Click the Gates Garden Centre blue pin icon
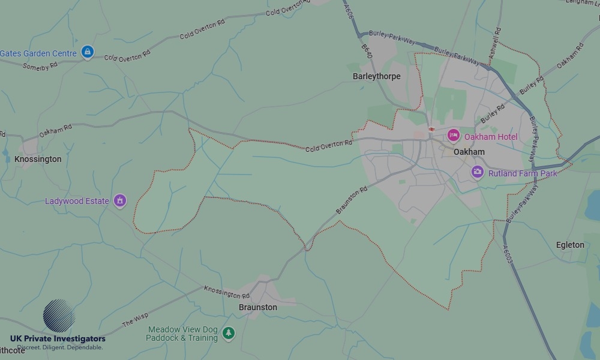[88, 53]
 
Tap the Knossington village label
[38, 159]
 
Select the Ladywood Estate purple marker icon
[120, 201]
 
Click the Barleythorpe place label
[376, 76]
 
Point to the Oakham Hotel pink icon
[453, 136]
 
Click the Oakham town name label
[469, 152]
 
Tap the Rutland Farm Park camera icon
[478, 173]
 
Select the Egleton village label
[569, 245]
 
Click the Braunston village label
[258, 307]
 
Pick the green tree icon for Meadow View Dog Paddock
[228, 333]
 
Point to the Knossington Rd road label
[227, 292]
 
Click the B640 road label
[365, 50]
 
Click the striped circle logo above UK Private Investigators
[59, 316]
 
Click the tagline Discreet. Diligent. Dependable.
[59, 347]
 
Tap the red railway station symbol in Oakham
[431, 129]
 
